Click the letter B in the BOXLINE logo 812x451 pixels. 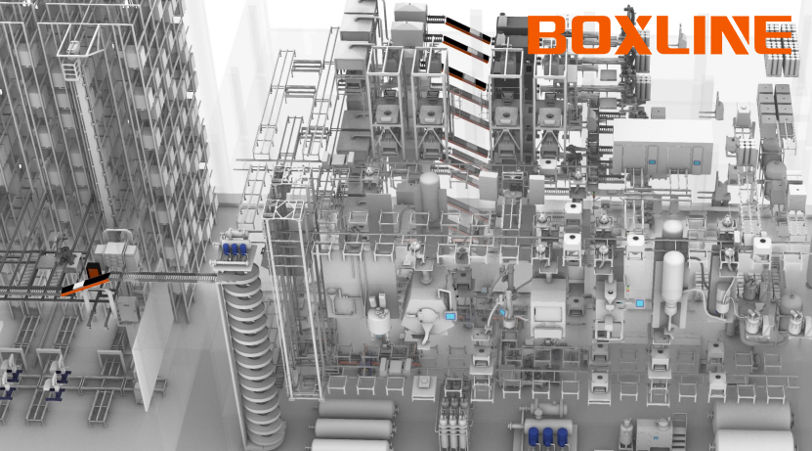(547, 34)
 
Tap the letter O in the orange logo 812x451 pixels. (588, 34)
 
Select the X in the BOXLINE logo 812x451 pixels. (629, 34)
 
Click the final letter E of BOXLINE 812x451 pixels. (772, 34)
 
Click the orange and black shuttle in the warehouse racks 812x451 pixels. (86, 280)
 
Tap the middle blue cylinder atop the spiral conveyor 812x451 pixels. (235, 249)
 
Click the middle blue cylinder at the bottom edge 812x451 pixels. (547, 436)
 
